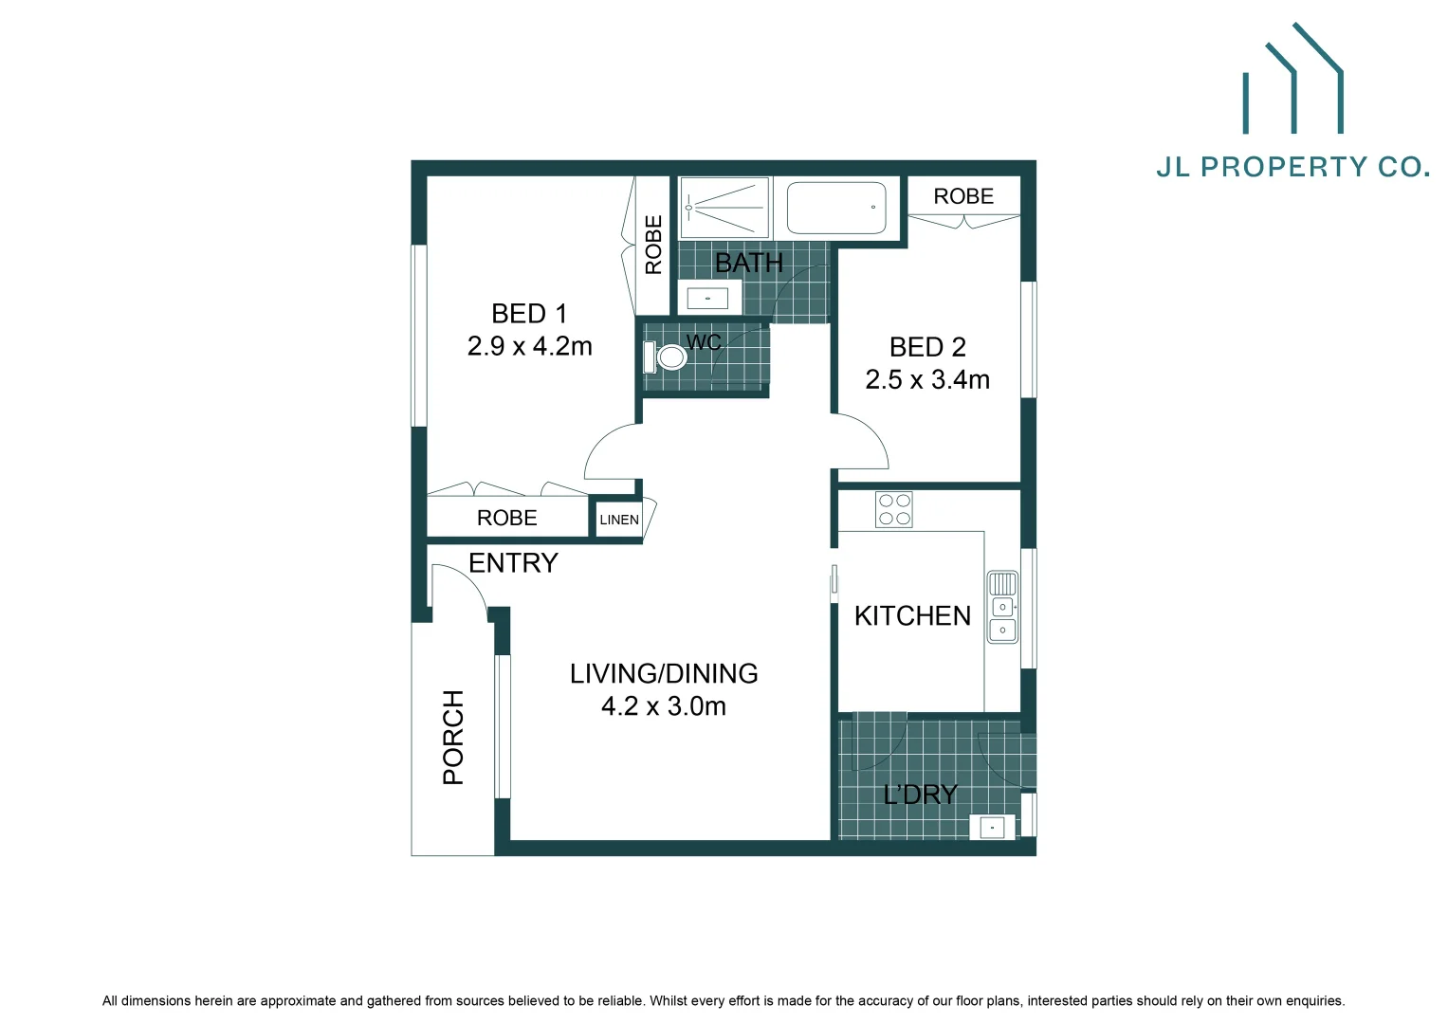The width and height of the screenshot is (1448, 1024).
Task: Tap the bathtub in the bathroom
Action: point(836,208)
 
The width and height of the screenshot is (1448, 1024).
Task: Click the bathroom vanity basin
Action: point(707,299)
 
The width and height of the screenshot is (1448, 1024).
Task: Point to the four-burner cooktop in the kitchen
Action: point(894,510)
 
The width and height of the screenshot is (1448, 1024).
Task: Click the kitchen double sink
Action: point(1002,607)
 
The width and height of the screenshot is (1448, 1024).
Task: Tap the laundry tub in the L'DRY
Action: point(992,827)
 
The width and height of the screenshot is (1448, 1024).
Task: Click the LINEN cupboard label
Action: point(619,520)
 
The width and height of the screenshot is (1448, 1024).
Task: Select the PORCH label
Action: point(454,737)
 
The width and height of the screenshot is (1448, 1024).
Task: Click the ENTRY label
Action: point(513,563)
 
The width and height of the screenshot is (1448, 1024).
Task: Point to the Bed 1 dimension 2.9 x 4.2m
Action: point(529,347)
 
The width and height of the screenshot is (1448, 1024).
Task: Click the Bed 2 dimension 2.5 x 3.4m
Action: point(927,380)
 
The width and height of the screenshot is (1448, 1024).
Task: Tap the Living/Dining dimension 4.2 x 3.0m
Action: point(664,706)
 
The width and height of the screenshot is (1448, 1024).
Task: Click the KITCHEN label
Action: point(912,616)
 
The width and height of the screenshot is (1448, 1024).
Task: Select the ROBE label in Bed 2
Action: point(963,196)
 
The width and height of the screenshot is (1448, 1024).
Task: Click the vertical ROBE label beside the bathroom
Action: point(653,245)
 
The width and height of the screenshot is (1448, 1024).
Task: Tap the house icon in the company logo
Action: point(1293,81)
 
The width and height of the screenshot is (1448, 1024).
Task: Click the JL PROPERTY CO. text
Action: point(1292,168)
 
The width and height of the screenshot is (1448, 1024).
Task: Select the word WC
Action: point(704,342)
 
